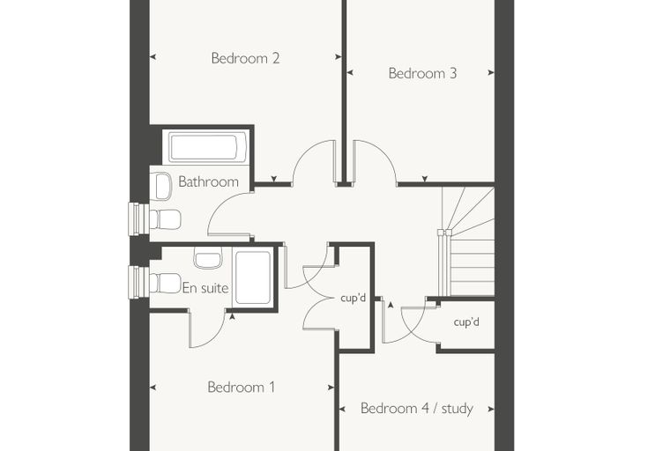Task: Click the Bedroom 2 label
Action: [245, 57]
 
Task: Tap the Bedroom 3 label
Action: [422, 73]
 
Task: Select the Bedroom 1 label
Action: [241, 387]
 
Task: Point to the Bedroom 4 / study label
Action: [417, 409]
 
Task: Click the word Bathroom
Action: [209, 181]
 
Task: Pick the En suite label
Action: [205, 288]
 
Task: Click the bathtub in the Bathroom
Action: [208, 147]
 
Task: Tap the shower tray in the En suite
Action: [253, 277]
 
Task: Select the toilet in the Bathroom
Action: [165, 219]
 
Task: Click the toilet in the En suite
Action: [165, 283]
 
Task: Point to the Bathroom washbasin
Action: [163, 186]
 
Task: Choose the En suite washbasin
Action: [208, 257]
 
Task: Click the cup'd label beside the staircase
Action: [466, 322]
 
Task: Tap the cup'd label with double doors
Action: [353, 298]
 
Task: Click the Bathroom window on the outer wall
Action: [139, 218]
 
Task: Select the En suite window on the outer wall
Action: [139, 282]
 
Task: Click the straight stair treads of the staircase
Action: [473, 268]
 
